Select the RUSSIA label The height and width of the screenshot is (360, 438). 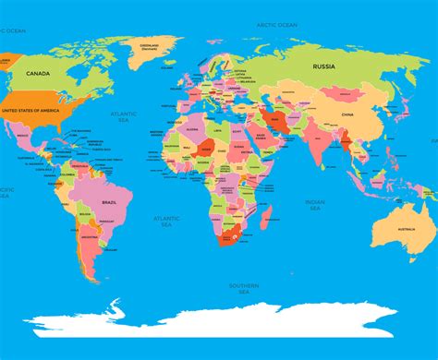(322, 66)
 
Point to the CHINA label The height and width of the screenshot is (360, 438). (347, 114)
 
